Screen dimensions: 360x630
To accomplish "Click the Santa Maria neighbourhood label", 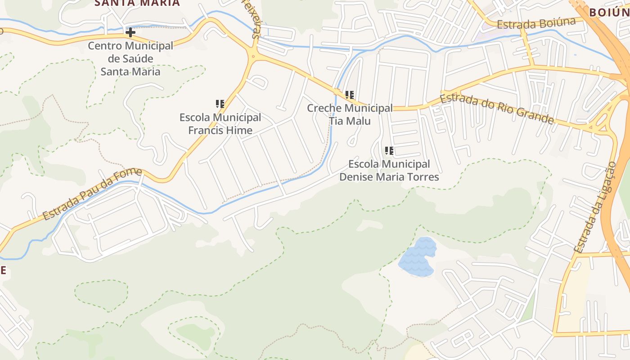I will coord(137,3).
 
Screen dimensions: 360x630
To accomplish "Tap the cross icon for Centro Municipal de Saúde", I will coord(130,32).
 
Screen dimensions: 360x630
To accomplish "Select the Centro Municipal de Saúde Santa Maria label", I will coord(130,58).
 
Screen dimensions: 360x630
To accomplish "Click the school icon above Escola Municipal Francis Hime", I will coord(220,104).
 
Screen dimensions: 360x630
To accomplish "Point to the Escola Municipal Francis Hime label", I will coord(220,124).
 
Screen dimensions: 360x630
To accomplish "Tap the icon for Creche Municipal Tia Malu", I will coord(350,95).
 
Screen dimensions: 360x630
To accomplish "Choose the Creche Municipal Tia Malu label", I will coord(350,114).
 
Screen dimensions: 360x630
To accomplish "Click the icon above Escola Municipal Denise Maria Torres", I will coord(389,151).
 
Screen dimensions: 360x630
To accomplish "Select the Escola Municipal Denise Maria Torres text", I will coord(389,170).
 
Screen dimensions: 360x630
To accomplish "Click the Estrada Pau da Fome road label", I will coord(93,194).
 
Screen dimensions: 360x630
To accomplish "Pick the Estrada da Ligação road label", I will coord(595,207).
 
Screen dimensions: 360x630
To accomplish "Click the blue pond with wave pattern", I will coord(418,257).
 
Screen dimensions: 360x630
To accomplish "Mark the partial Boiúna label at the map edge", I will coord(609,12).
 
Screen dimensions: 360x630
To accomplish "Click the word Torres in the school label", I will coord(422,177).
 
